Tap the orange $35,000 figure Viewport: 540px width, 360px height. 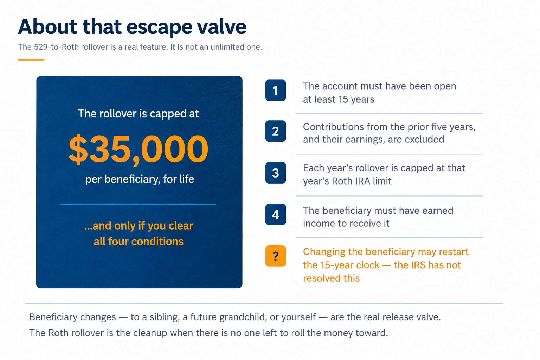tap(139, 149)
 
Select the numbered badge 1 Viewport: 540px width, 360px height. tap(276, 90)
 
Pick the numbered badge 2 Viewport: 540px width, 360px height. tap(276, 131)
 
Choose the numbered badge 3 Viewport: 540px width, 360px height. tap(276, 173)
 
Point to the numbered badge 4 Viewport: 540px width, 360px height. tap(276, 214)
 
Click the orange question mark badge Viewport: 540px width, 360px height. tap(276, 256)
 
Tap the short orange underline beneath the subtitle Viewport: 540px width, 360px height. tap(31, 59)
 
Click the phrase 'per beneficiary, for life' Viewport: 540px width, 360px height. tap(140, 179)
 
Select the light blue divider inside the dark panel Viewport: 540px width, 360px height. tap(138, 204)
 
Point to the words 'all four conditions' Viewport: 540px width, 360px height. tap(139, 242)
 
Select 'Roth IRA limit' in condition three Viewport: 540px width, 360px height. tap(362, 181)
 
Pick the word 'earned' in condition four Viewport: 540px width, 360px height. tap(438, 211)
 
